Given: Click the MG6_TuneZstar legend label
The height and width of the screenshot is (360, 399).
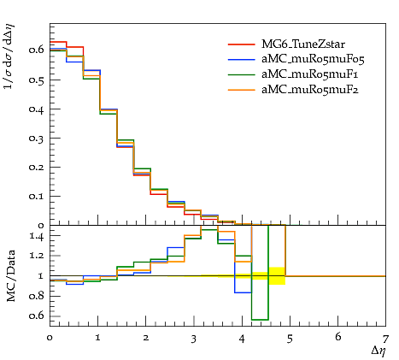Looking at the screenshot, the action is pos(303,44).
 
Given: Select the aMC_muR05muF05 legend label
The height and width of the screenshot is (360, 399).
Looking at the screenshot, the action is pos(313,59).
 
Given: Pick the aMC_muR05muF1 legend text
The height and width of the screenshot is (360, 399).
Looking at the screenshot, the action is pos(310,74).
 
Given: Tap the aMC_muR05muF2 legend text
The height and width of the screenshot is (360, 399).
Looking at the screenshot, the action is pos(310,90).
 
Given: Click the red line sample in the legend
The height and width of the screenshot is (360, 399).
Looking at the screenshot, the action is pos(242,44).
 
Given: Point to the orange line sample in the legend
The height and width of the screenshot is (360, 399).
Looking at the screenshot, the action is pos(242,90).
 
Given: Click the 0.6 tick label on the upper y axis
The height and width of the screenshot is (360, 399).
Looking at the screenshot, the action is pos(37,50).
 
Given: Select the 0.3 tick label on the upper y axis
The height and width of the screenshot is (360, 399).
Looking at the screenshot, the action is pos(37,139).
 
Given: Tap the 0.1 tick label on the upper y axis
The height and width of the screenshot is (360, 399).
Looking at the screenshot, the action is pos(37,197).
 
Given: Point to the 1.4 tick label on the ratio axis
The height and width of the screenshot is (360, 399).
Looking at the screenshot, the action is pos(37,236).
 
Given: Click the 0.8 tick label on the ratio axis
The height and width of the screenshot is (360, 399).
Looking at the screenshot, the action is pos(37,296).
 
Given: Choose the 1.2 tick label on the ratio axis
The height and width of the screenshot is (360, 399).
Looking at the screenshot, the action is pos(37,256).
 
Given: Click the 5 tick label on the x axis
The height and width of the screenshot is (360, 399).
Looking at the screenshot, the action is pos(290,339).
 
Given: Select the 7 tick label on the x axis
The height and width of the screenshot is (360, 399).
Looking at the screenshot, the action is pos(385,339).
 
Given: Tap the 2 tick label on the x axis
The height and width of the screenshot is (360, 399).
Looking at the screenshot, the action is pos(146,338).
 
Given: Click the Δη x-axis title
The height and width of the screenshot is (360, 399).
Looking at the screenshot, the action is pos(378,351).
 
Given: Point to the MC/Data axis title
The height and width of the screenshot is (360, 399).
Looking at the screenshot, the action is pos(10,275).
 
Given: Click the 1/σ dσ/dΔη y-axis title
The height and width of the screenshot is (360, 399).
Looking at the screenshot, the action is pos(9,56).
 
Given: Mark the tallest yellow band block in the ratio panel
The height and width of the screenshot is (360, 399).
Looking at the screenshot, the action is pos(277,276).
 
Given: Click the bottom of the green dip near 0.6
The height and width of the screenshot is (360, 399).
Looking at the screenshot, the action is pos(260,320).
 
